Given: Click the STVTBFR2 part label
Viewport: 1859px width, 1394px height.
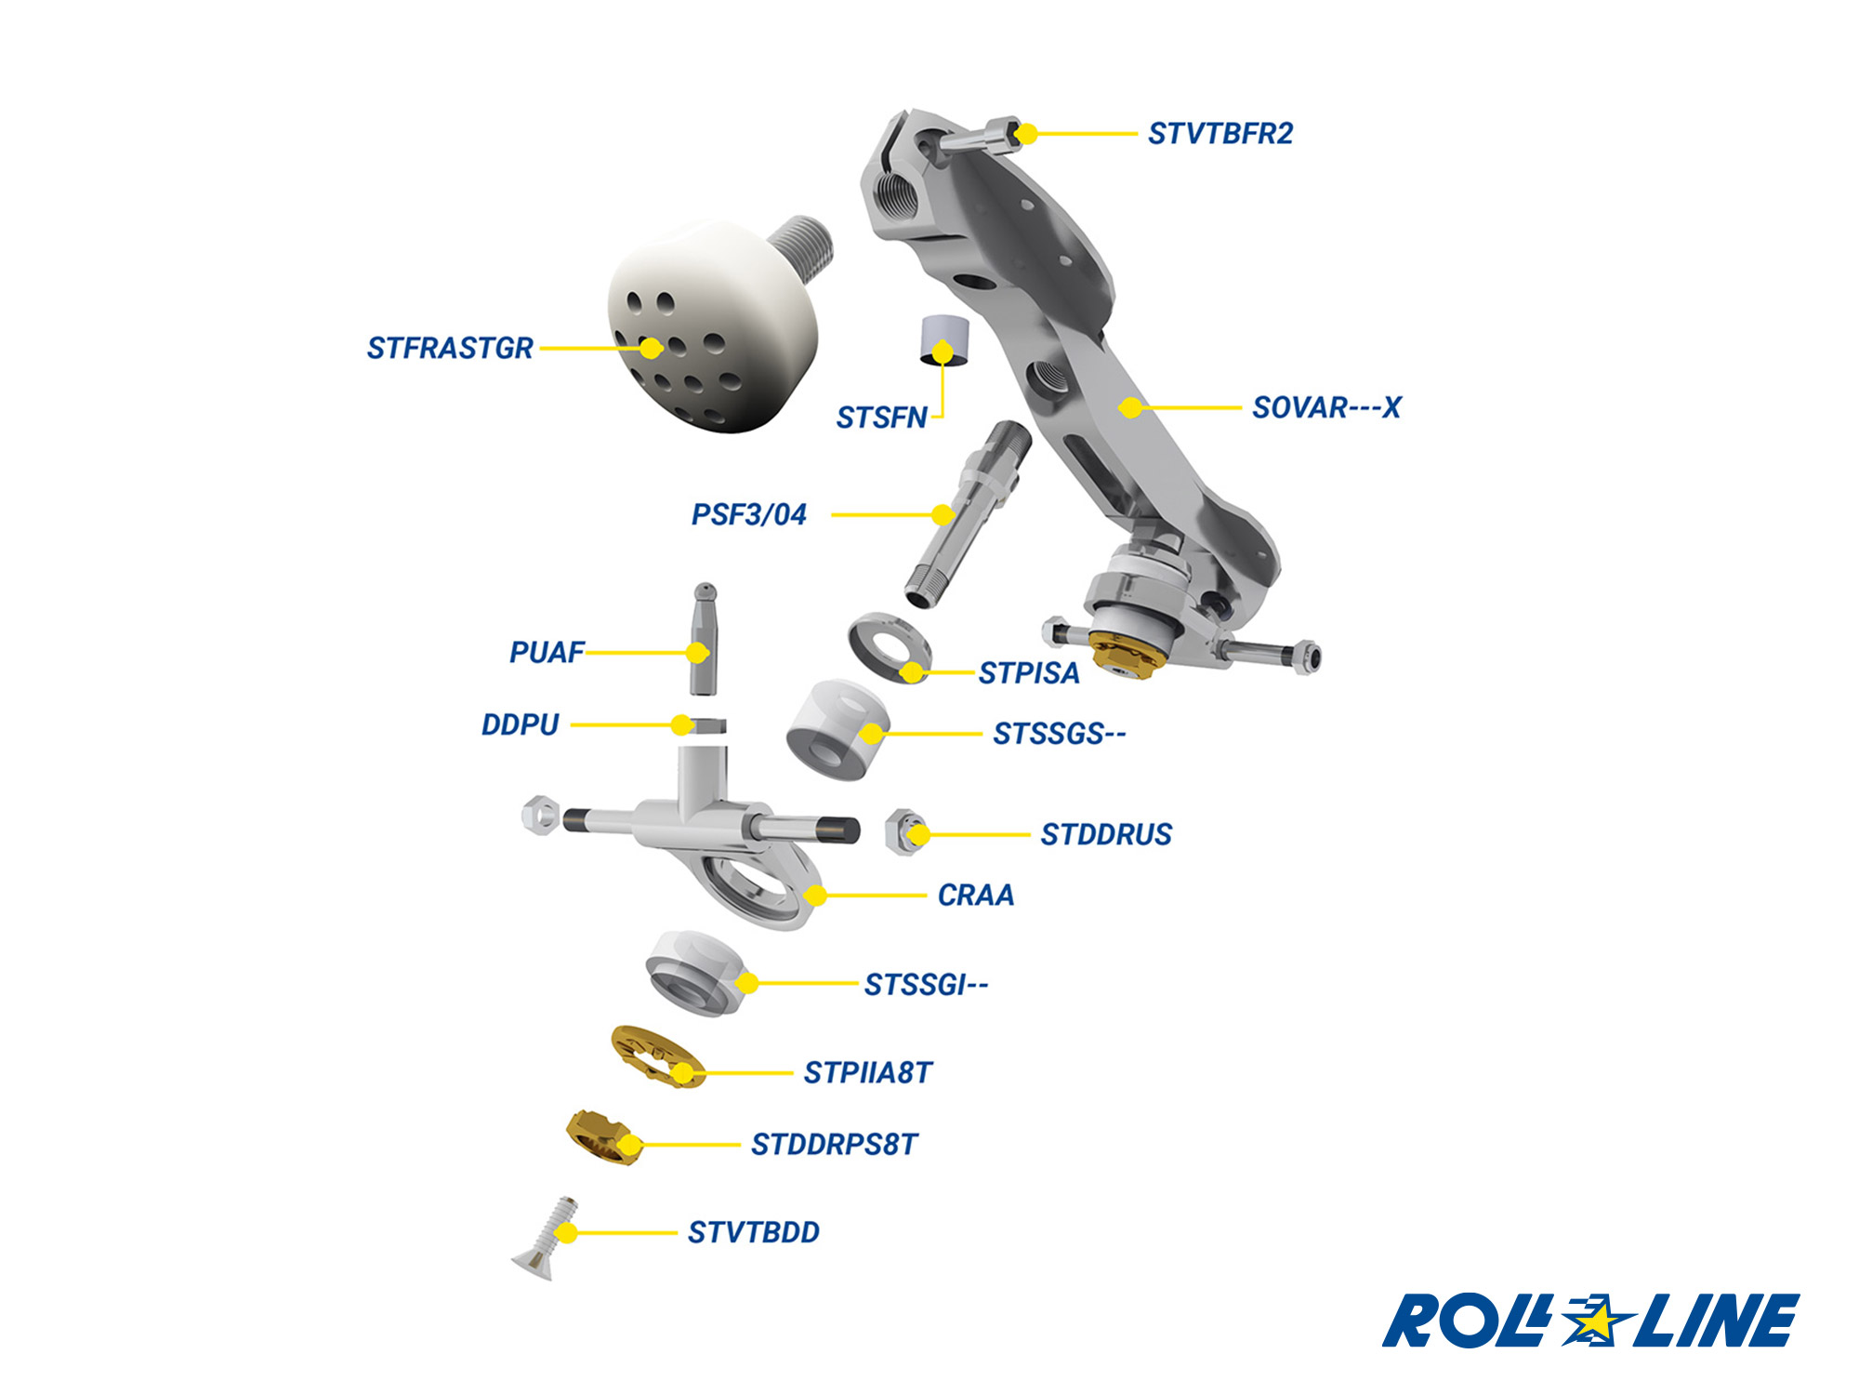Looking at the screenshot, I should click(1220, 134).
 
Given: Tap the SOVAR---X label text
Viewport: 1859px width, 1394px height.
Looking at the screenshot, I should click(1325, 407).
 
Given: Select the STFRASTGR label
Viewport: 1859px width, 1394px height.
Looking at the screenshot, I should click(450, 348).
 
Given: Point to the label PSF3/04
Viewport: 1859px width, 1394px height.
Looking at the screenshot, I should click(748, 514).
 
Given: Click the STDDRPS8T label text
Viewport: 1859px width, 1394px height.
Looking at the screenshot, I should click(834, 1144).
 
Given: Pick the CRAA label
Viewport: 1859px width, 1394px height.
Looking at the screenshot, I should click(975, 895).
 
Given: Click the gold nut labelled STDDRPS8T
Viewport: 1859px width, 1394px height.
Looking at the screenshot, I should click(602, 1135).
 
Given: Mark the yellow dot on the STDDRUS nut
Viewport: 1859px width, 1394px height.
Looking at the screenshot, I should click(917, 834).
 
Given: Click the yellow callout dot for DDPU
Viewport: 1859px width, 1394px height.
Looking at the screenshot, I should click(682, 724).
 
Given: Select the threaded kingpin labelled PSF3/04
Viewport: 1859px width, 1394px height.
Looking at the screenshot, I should click(967, 511).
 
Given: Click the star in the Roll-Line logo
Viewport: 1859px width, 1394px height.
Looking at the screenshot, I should click(1596, 1319).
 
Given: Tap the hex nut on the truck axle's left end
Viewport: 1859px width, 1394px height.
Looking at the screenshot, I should click(539, 815).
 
